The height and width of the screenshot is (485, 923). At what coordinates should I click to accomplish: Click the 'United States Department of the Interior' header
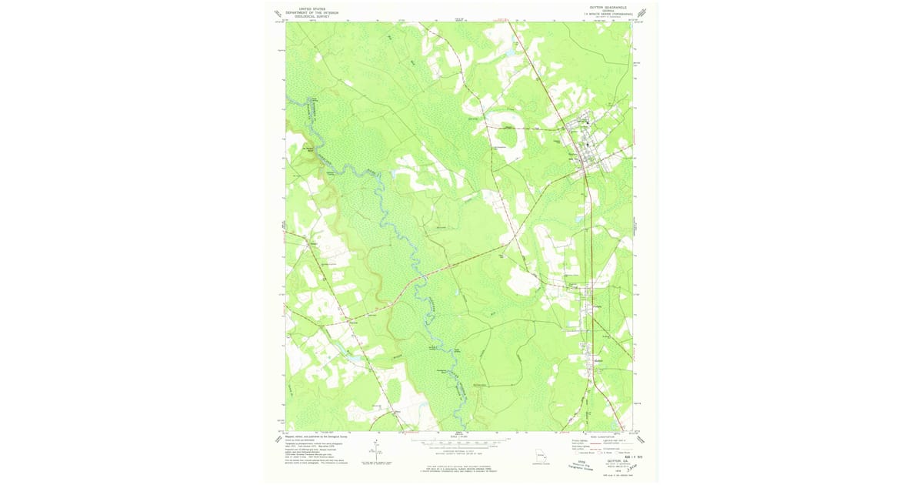[312, 12]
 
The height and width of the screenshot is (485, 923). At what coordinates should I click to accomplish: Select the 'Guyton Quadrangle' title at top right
[608, 7]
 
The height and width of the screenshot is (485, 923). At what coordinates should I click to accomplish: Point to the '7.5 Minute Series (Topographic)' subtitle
[608, 13]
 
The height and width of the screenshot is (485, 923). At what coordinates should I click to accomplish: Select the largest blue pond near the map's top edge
[508, 52]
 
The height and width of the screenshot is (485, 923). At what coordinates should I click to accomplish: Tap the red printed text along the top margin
[504, 18]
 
